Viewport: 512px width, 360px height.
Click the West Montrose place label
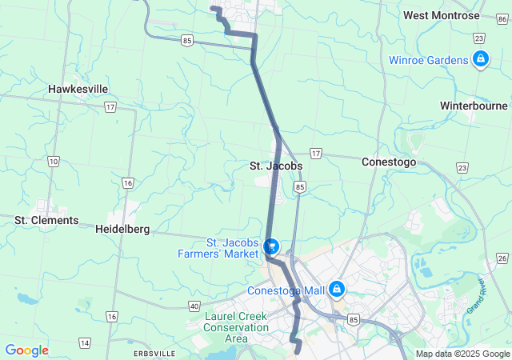[442, 15]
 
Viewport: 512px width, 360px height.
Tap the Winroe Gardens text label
[428, 59]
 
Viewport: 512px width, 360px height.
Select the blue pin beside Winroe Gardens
[480, 58]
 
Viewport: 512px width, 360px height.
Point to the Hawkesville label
[78, 89]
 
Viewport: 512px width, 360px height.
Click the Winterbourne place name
[474, 105]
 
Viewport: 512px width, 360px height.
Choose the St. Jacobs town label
[275, 166]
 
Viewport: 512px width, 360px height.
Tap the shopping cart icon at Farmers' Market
[271, 246]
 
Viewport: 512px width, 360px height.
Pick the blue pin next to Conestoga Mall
[338, 287]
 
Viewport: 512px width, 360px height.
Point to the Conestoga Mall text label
[288, 290]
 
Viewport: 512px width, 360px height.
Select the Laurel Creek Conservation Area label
[237, 327]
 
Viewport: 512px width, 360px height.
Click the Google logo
[26, 350]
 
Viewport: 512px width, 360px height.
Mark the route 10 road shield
[53, 162]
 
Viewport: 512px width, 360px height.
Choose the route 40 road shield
[194, 306]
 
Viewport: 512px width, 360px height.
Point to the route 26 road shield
[502, 258]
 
